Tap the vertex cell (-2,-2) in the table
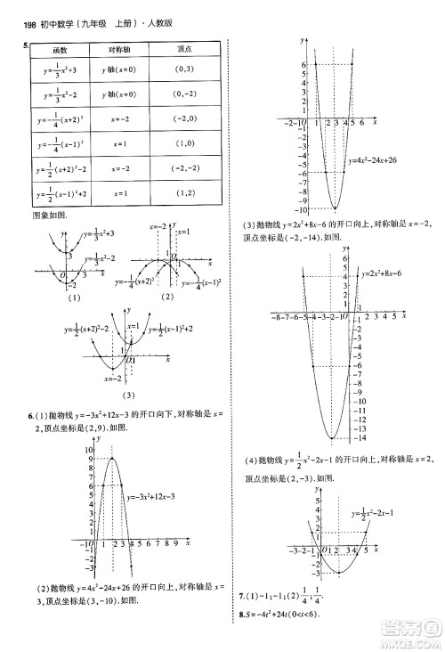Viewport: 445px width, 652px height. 182,168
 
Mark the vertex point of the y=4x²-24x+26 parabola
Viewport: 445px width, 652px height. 332,207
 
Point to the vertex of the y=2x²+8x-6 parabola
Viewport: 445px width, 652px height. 332,437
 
